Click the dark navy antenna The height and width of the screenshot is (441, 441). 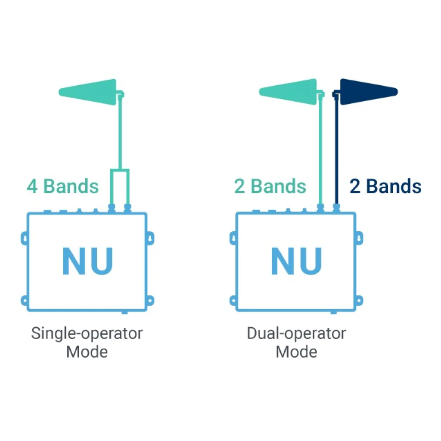pyautogui.click(x=369, y=92)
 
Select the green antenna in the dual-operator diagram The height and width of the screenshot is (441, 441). pyautogui.click(x=290, y=92)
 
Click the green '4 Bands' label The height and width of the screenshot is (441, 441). pyautogui.click(x=63, y=186)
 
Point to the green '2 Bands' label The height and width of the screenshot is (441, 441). pyautogui.click(x=270, y=186)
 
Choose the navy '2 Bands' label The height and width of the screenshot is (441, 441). pyautogui.click(x=385, y=186)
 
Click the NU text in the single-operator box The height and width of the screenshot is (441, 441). pyautogui.click(x=87, y=261)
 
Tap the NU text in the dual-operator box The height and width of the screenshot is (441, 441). pyautogui.click(x=296, y=261)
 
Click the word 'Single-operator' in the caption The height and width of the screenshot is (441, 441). pyautogui.click(x=87, y=334)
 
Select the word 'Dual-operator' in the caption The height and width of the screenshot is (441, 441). pyautogui.click(x=296, y=334)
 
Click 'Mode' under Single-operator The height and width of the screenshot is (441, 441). pyautogui.click(x=87, y=352)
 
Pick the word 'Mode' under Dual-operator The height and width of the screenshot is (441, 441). pyautogui.click(x=296, y=352)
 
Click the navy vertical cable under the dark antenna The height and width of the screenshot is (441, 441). pyautogui.click(x=336, y=150)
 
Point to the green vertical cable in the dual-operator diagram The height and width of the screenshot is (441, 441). pyautogui.click(x=320, y=150)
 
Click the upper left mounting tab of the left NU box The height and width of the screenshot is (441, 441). pyautogui.click(x=25, y=238)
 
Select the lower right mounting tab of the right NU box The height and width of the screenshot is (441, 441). pyautogui.click(x=359, y=301)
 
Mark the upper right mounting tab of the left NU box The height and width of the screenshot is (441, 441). pyautogui.click(x=150, y=238)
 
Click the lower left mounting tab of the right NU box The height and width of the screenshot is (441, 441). pyautogui.click(x=233, y=301)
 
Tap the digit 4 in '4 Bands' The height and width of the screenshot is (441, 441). pyautogui.click(x=32, y=186)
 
